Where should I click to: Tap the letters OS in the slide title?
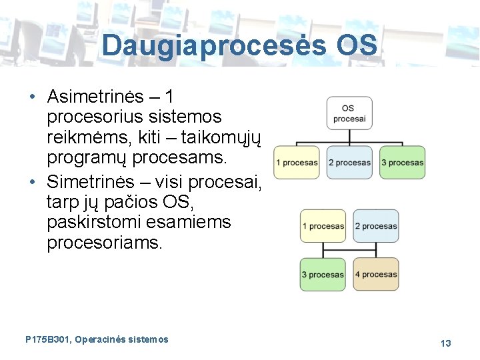click(x=357, y=45)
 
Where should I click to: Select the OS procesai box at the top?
click(x=349, y=113)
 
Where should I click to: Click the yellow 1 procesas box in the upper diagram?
click(x=297, y=162)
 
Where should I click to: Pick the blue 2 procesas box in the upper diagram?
click(x=349, y=162)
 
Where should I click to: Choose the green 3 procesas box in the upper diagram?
click(x=402, y=162)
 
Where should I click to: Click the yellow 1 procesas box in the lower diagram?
click(x=323, y=226)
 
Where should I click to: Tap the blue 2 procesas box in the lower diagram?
click(x=376, y=226)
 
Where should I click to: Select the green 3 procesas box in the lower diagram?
click(x=323, y=274)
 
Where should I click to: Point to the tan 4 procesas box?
click(x=376, y=274)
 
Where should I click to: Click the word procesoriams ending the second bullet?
click(x=104, y=242)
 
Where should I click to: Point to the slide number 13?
click(x=445, y=343)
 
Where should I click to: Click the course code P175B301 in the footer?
click(x=47, y=339)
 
